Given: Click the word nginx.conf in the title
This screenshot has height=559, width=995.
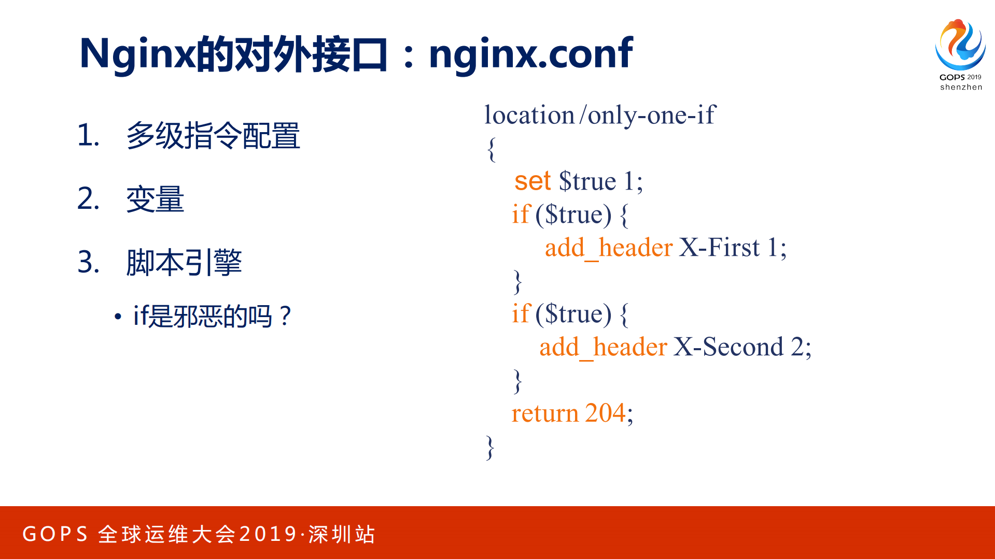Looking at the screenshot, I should pos(530,54).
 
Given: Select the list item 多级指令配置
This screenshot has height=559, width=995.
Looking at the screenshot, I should pos(213,136).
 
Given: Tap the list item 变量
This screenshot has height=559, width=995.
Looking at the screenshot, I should pos(155,199).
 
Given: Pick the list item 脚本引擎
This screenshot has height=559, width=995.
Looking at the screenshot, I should pos(184,262).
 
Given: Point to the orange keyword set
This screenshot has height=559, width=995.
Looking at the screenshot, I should pos(532,181).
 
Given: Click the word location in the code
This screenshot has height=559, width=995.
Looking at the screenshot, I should pos(529,115).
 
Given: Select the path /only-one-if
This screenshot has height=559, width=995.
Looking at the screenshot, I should pos(648,115).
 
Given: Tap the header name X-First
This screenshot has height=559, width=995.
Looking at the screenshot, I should pos(719,248).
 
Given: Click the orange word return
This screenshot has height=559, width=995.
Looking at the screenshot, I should pos(544,413).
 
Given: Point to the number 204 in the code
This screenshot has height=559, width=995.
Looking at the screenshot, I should pos(605,413).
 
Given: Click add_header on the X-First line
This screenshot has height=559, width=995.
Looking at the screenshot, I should pos(609,248).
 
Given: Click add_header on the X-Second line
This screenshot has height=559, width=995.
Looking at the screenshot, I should pos(603,347).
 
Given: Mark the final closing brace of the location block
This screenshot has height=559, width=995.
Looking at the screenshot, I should pos(490,447).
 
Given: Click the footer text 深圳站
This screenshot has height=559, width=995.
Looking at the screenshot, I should pos(342,534).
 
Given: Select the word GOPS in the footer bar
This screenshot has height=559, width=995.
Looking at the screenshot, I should pos(55,534).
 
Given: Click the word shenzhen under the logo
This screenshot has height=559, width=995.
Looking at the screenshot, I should pos(961,87).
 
